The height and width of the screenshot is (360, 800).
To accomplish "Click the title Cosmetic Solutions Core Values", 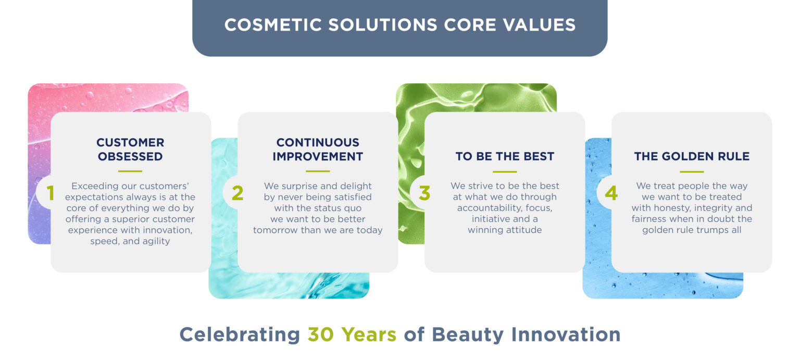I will point(399,25).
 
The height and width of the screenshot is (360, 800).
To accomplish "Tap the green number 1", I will point(51,193).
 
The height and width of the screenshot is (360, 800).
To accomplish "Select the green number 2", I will point(238,193).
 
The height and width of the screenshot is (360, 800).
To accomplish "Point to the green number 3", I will point(424,193).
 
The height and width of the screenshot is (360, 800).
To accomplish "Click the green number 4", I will point(611,193).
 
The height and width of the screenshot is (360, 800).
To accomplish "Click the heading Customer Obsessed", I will point(130,150).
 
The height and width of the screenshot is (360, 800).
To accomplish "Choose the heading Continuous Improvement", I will point(318,150).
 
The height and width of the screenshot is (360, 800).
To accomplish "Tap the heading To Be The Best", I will point(505,156).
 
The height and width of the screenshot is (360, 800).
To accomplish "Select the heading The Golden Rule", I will point(692,156).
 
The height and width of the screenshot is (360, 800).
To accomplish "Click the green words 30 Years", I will point(352,334).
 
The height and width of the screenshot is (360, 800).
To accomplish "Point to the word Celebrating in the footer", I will point(240,334).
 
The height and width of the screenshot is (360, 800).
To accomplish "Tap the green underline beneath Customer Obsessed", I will point(130,171).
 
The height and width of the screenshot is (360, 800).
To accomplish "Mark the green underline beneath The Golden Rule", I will point(692,171).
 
